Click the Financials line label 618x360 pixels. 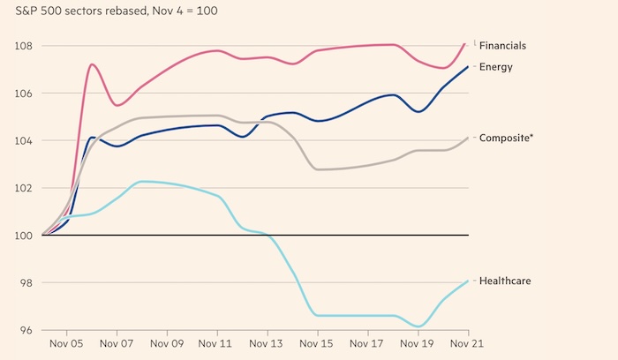coord(504,45)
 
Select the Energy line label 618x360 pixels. coord(496,66)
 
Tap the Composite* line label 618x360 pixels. coord(506,138)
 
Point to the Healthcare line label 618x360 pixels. coord(504,281)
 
